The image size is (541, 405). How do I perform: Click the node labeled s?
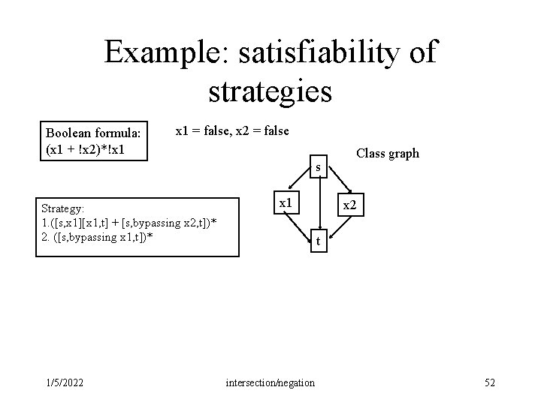pos(319,166)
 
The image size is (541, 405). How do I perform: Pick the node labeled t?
pos(318,241)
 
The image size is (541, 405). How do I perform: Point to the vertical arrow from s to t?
pos(318,203)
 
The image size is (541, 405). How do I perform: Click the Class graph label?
pos(387,154)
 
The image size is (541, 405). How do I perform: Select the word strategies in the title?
pos(270,91)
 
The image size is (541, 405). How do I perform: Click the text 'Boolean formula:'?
pos(92,133)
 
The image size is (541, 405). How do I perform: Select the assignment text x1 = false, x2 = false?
pos(231,131)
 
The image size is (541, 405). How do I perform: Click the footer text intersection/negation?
pos(270,383)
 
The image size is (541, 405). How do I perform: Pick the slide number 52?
pos(490,383)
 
